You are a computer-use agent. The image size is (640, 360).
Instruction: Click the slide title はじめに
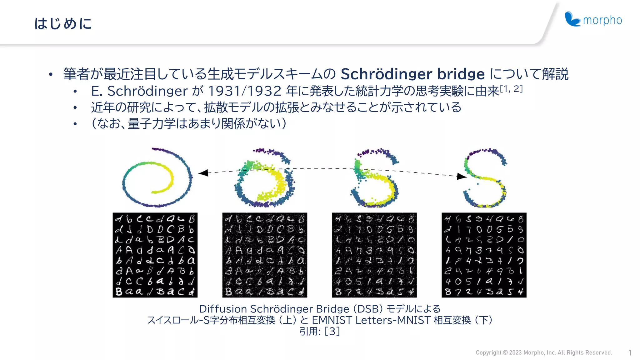63,23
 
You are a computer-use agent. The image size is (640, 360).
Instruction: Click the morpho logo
593,20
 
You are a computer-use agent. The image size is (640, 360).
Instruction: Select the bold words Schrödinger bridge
412,74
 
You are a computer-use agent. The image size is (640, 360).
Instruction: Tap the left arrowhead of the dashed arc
203,173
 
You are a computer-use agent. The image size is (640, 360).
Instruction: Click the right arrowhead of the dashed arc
461,177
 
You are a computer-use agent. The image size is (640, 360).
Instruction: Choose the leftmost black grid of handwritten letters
155,255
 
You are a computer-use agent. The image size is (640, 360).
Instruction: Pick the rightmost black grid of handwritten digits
484,255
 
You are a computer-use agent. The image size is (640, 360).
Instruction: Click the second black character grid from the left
265,255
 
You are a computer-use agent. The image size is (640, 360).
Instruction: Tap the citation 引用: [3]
319,331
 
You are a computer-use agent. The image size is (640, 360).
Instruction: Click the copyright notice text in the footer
544,352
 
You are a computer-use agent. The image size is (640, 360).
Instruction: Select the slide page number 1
630,352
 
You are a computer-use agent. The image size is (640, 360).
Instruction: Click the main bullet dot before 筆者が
51,75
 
